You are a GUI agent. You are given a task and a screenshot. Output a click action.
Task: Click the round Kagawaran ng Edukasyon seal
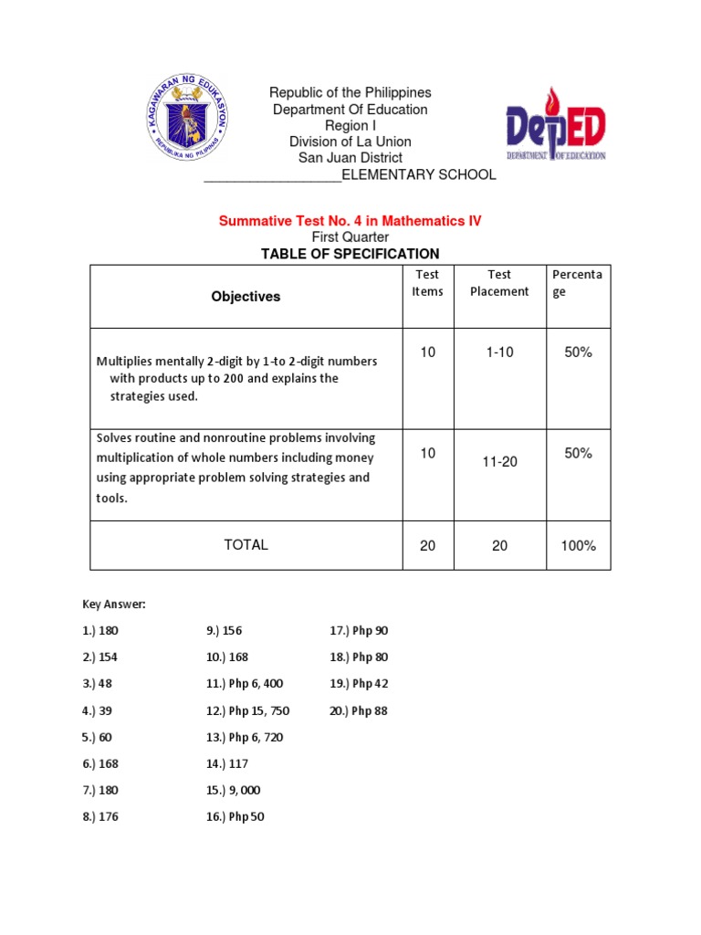188,116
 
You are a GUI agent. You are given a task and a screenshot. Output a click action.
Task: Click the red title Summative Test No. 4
350,221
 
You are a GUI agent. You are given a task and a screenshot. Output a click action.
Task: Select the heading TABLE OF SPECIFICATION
350,254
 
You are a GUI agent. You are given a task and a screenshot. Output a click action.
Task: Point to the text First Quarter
350,237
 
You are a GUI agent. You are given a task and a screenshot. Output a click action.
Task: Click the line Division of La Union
350,142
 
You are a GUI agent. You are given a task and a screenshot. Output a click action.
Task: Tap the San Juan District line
350,158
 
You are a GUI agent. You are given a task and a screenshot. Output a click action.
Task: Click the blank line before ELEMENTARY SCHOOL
272,175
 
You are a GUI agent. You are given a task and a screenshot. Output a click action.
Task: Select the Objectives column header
246,297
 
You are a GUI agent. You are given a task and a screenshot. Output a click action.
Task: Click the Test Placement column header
499,283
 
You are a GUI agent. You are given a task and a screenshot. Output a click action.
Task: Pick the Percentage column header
577,283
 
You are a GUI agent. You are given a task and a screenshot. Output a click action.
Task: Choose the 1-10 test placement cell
499,352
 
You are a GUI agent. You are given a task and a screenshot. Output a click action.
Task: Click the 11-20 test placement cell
499,462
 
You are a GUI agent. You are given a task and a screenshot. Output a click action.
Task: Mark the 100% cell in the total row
577,546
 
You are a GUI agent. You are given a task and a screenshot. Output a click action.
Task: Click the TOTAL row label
246,545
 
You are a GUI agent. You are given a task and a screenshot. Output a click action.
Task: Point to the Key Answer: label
113,604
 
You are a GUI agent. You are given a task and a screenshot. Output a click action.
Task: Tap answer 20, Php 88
358,710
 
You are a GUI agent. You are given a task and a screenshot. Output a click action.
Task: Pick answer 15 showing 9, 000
235,791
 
